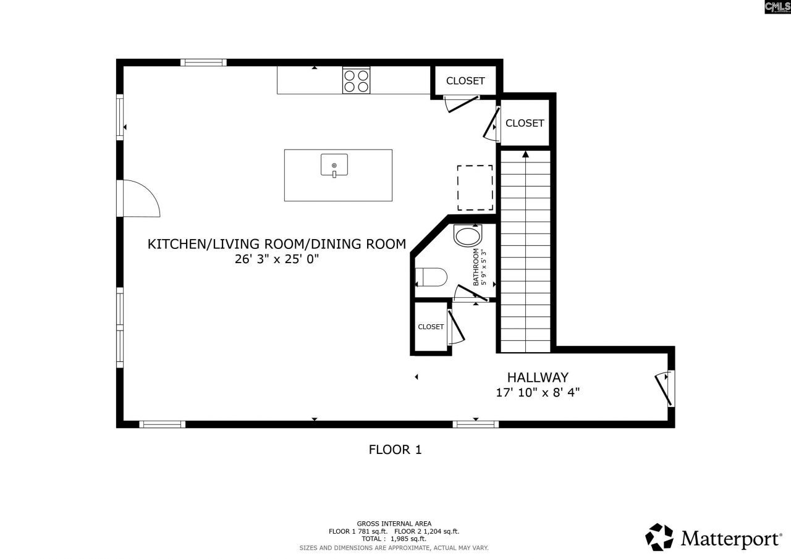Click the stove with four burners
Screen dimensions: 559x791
(357, 80)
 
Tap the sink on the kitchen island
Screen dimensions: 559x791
(334, 165)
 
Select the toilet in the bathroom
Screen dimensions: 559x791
(431, 277)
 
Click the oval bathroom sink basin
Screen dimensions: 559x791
(467, 236)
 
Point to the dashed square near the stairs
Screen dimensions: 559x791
(475, 188)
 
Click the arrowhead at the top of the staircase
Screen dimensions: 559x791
(525, 154)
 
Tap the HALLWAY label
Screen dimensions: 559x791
(538, 377)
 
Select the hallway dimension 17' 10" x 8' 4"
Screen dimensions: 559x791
(538, 392)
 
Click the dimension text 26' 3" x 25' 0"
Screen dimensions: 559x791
(276, 259)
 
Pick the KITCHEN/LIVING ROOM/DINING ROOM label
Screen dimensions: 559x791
(276, 244)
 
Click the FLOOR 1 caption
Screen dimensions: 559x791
(395, 450)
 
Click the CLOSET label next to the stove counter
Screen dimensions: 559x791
(465, 81)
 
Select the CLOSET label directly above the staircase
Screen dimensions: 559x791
(525, 123)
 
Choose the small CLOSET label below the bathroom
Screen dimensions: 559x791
(431, 327)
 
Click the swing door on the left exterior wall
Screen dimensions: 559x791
(139, 199)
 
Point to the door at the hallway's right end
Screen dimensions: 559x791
(665, 389)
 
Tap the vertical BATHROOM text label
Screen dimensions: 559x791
(476, 267)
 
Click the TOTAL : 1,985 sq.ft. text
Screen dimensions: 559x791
(394, 539)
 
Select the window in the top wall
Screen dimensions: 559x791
(203, 62)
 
